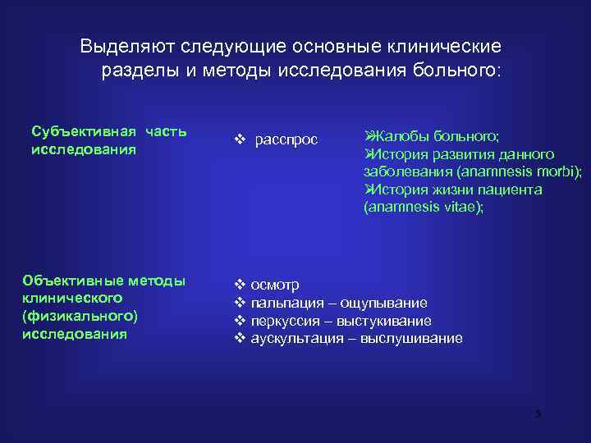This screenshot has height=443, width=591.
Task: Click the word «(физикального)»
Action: tap(80, 316)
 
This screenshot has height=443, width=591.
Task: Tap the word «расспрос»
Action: tap(286, 139)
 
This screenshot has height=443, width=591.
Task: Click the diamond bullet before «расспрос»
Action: tap(241, 139)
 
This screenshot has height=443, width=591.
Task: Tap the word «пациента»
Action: tap(506, 190)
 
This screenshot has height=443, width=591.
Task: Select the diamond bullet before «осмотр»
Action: tap(241, 285)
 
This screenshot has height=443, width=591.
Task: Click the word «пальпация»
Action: tap(287, 303)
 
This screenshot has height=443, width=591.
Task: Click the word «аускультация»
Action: tap(298, 338)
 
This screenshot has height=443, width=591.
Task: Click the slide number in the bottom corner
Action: tap(538, 413)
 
